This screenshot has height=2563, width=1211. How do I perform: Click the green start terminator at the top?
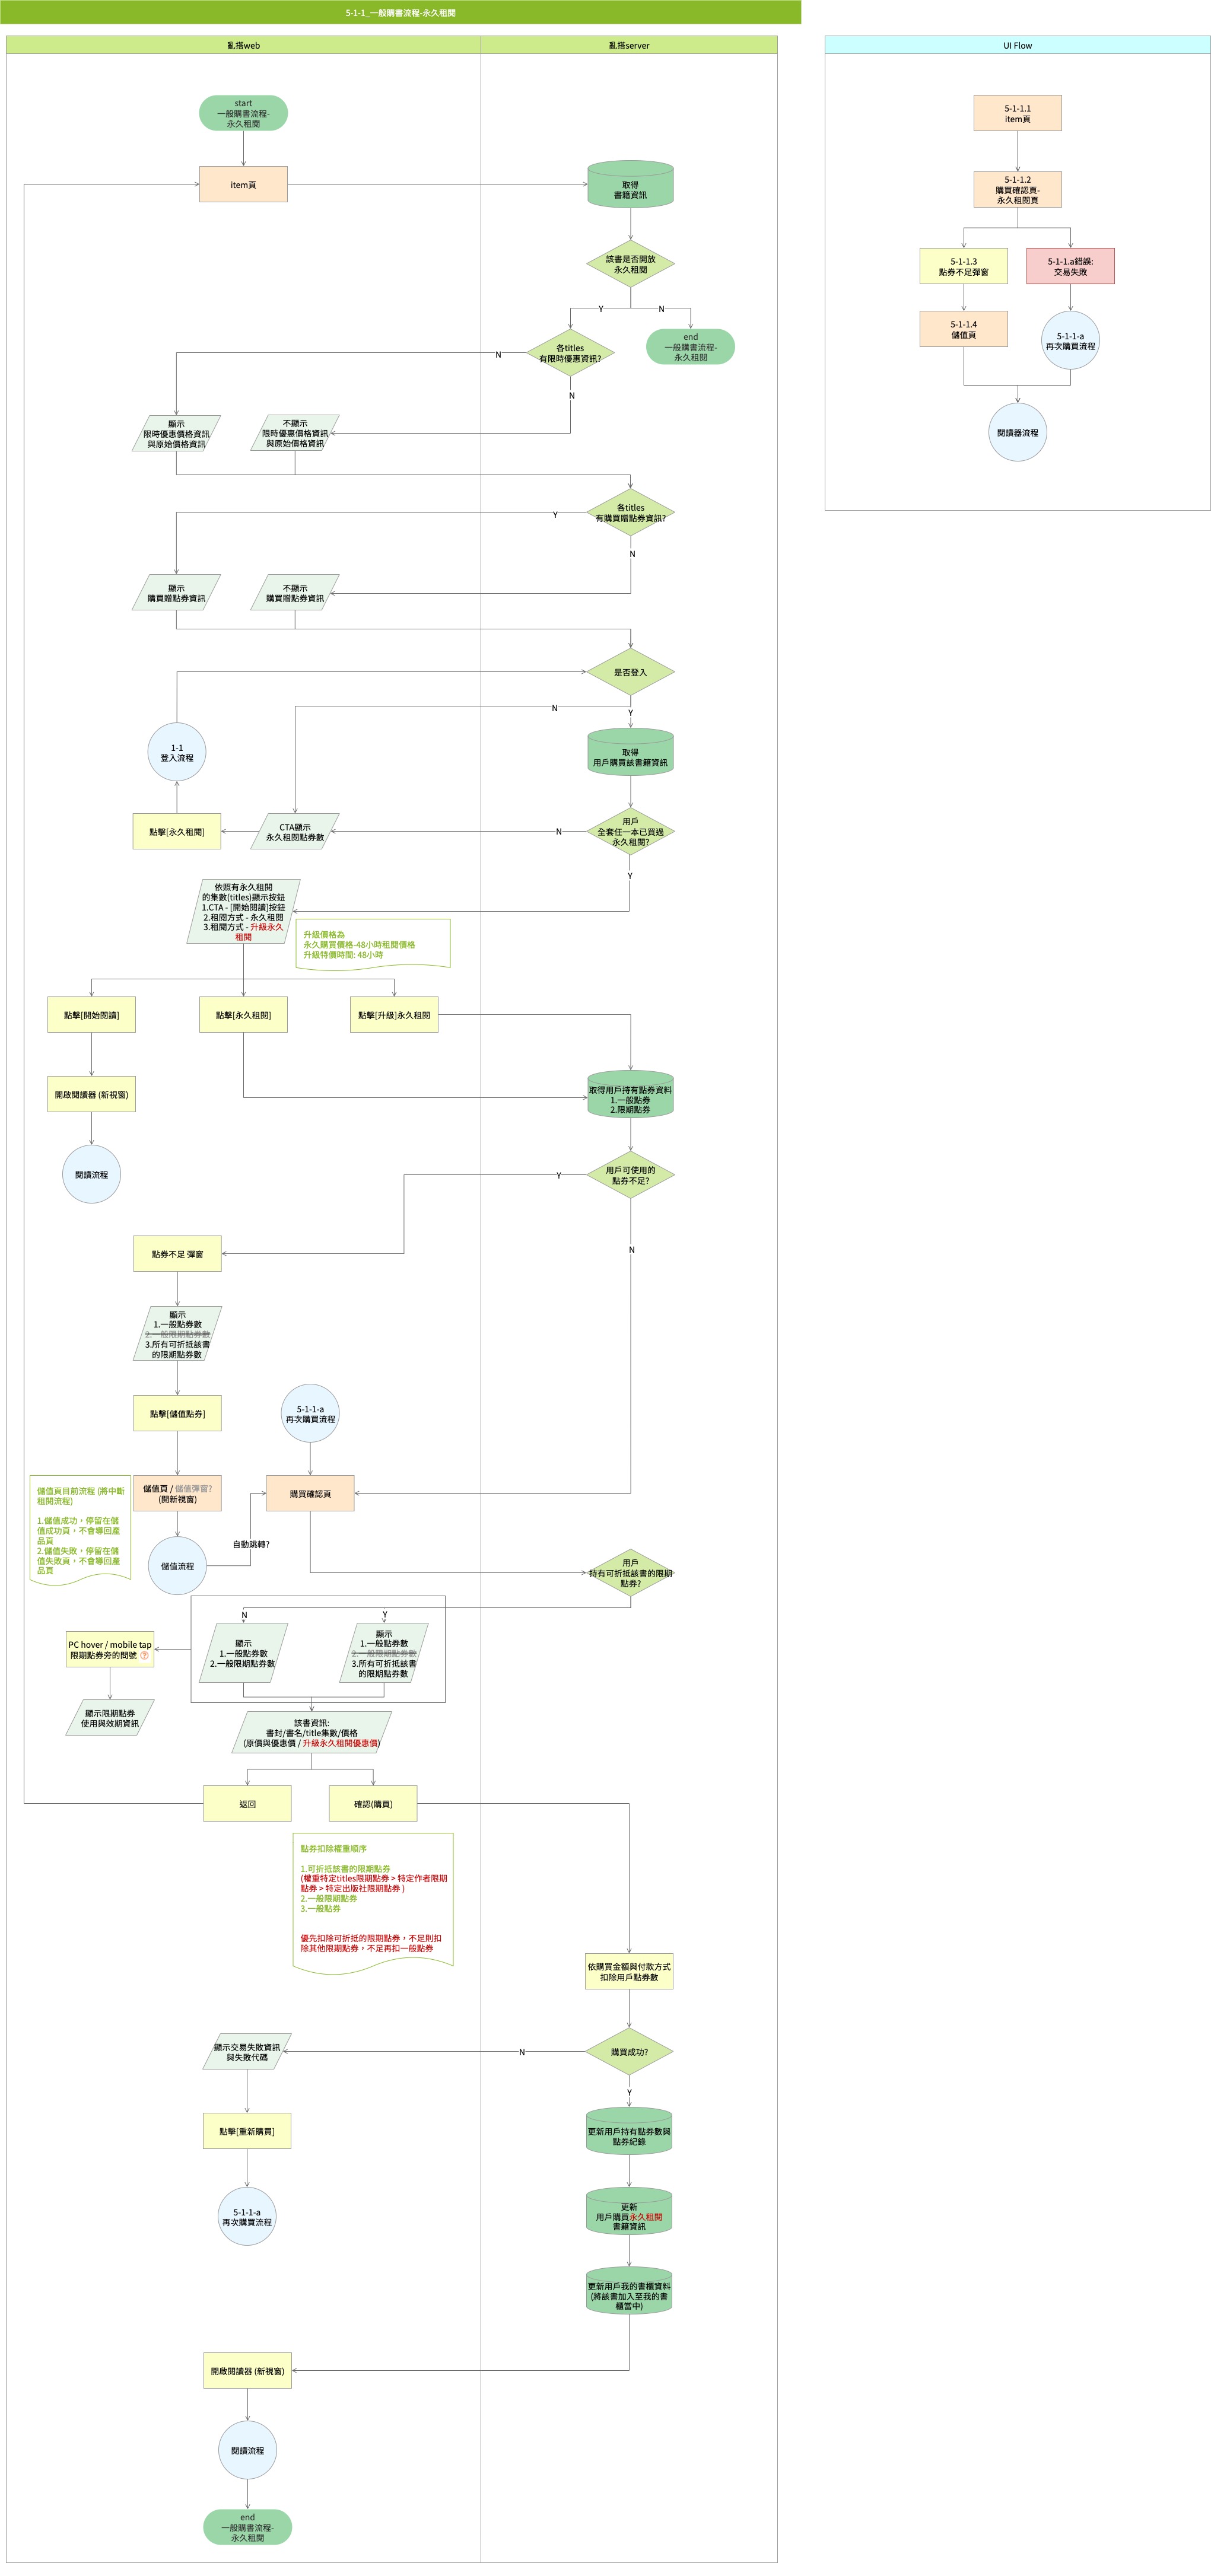click(243, 113)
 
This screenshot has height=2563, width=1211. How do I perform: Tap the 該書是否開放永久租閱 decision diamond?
click(630, 264)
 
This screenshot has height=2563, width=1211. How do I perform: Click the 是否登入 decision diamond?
click(630, 673)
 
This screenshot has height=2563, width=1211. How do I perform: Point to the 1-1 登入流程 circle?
click(177, 752)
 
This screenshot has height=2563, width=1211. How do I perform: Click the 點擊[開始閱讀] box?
click(91, 1015)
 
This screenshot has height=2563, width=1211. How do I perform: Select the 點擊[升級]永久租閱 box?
click(394, 1015)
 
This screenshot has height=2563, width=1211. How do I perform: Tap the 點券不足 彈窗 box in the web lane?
click(177, 1254)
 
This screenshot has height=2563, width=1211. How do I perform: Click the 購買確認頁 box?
click(310, 1494)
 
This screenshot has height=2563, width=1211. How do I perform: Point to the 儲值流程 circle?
click(177, 1566)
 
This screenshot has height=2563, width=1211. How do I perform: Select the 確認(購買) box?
click(373, 1804)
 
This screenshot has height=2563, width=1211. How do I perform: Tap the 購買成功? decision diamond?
click(629, 2052)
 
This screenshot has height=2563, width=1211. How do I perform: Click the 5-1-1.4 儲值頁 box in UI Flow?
click(963, 329)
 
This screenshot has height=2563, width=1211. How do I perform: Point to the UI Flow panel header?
click(1017, 44)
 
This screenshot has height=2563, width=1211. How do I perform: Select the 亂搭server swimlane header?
click(629, 44)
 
